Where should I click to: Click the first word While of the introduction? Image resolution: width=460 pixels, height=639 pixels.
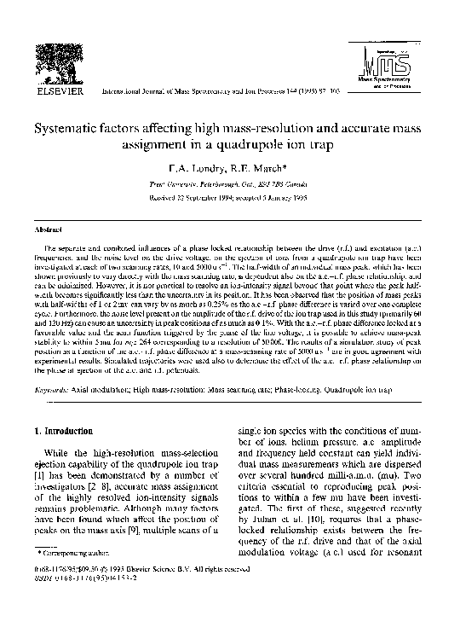click(55, 468)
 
